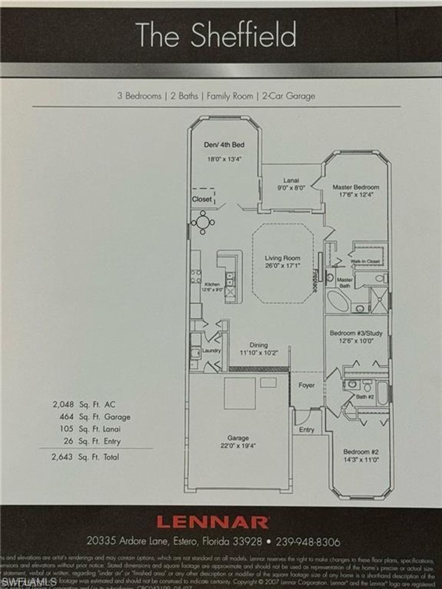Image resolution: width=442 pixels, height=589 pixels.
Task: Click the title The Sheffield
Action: [216, 35]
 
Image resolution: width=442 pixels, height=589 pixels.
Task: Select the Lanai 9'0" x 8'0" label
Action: [291, 184]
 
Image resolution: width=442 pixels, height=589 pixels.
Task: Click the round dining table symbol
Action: [203, 223]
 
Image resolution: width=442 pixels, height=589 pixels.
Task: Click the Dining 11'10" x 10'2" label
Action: [259, 349]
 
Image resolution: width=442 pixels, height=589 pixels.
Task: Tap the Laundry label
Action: [212, 351]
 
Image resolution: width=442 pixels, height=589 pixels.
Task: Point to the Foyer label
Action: [306, 385]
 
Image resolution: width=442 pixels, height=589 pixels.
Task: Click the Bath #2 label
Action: [365, 397]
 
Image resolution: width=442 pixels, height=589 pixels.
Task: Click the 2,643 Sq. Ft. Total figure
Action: [85, 457]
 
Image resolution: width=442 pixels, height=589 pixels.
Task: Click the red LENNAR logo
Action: [212, 522]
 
